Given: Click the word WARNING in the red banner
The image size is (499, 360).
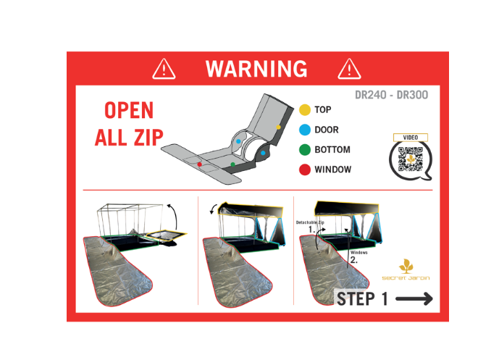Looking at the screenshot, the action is pyautogui.click(x=256, y=68).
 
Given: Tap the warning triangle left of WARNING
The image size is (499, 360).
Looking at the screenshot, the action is pyautogui.click(x=164, y=69).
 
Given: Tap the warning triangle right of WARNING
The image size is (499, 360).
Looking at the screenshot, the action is pyautogui.click(x=349, y=69).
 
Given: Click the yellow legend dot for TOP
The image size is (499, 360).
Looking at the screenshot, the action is pyautogui.click(x=305, y=110).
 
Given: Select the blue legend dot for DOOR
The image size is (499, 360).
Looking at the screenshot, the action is pyautogui.click(x=305, y=130).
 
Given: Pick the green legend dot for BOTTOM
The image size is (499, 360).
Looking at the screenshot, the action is pyautogui.click(x=305, y=150).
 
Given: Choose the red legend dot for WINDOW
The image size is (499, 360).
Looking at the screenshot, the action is pyautogui.click(x=305, y=169).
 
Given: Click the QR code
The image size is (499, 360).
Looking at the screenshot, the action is pyautogui.click(x=411, y=159).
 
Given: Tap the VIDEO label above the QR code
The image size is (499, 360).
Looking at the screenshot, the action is pyautogui.click(x=411, y=138).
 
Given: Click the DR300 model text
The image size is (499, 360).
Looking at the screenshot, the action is pyautogui.click(x=412, y=95).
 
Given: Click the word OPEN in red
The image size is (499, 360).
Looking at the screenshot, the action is pyautogui.click(x=129, y=110).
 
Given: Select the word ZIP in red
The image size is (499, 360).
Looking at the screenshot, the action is pyautogui.click(x=148, y=138).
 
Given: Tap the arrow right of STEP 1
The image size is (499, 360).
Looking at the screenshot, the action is pyautogui.click(x=414, y=298).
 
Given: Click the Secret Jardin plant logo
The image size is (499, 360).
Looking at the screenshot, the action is pyautogui.click(x=406, y=266).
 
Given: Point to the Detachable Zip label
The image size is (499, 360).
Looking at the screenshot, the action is pyautogui.click(x=310, y=222).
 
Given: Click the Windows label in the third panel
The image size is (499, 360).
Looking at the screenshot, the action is pyautogui.click(x=359, y=252).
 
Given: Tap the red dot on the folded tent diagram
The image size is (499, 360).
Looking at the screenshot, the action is pyautogui.click(x=200, y=164).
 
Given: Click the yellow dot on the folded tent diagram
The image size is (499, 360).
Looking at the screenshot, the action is pyautogui.click(x=278, y=127).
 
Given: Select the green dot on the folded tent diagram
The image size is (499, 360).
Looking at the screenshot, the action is pyautogui.click(x=233, y=164).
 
